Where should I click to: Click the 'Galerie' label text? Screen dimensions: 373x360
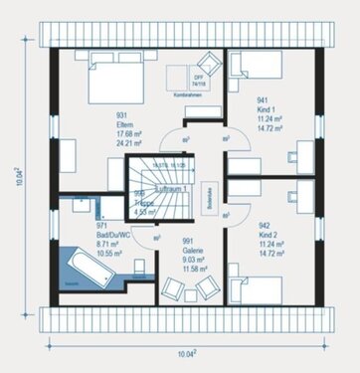coord(185,251)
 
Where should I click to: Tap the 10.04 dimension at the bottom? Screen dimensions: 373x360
coord(186,353)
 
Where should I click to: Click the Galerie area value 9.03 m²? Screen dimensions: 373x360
coord(186,260)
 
